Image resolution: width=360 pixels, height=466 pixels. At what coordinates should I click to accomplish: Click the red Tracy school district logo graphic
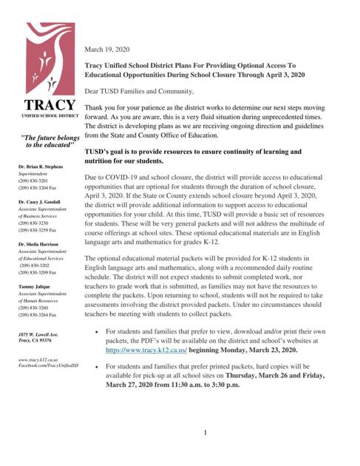50,60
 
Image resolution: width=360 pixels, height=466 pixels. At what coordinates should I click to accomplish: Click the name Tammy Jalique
35,285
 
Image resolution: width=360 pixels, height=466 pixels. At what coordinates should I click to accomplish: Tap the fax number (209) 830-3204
38,189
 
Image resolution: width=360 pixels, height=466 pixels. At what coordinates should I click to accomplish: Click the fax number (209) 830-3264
38,314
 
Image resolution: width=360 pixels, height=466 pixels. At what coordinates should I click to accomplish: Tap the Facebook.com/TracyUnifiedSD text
46,365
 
